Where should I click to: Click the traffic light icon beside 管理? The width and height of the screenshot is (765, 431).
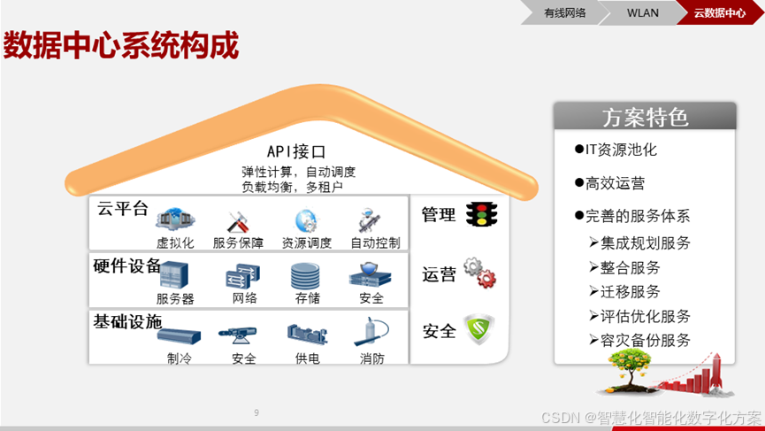pos(481,214)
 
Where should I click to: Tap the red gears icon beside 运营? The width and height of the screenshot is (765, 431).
pos(480,273)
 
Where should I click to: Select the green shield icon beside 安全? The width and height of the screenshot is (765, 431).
pos(479,329)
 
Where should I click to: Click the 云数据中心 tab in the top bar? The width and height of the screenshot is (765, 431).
pos(719,12)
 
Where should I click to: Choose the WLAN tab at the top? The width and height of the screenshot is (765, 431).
pos(643,12)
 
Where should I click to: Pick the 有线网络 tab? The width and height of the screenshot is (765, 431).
pos(564,12)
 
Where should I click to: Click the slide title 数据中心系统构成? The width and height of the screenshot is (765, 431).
pos(121,46)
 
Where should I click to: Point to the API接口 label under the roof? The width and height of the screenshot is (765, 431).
pos(296,151)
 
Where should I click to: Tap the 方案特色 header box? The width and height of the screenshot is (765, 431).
pos(645,117)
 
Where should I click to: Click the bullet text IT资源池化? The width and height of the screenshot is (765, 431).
pos(621,150)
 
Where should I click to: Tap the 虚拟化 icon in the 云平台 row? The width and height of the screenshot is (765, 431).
pos(174,219)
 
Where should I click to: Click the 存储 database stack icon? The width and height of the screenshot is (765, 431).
pos(305,276)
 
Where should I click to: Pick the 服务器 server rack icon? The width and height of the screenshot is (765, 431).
pos(174,276)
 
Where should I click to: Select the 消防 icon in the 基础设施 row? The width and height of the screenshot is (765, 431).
pos(371,333)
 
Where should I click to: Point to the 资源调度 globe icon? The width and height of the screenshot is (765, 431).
pos(306,220)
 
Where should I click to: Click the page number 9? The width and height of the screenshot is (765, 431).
pos(256,412)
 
